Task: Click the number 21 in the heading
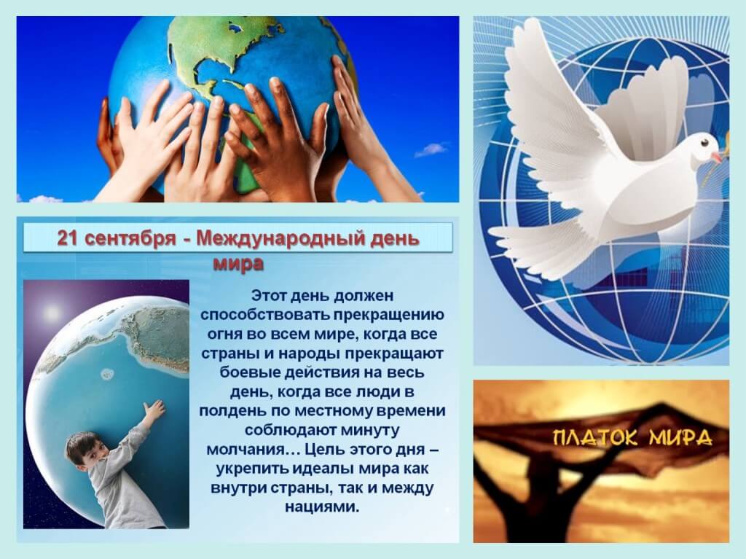pyautogui.click(x=66, y=238)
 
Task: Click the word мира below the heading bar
pyautogui.click(x=238, y=263)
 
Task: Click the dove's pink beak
pyautogui.click(x=717, y=157)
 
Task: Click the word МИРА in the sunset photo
pyautogui.click(x=681, y=437)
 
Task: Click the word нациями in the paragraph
pyautogui.click(x=321, y=507)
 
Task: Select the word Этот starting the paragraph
pyautogui.click(x=268, y=296)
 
